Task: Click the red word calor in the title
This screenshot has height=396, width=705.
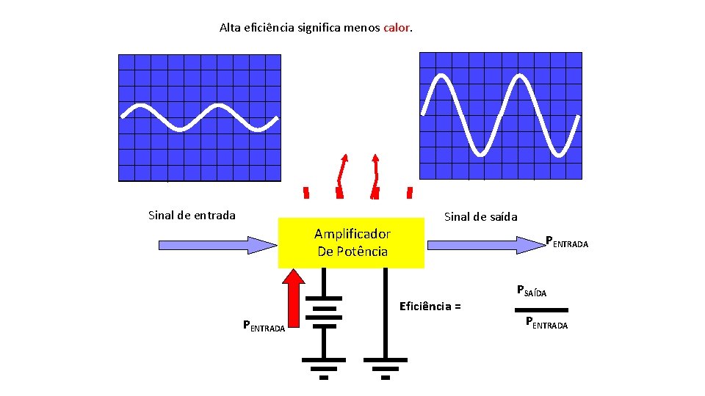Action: click(397, 28)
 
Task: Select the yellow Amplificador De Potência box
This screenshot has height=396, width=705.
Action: click(352, 243)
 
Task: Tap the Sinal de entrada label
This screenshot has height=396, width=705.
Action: click(192, 215)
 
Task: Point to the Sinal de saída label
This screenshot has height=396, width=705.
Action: click(480, 216)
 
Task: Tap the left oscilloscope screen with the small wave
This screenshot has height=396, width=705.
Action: click(200, 117)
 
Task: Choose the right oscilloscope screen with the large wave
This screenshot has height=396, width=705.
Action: click(500, 116)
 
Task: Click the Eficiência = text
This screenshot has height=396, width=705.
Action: click(430, 306)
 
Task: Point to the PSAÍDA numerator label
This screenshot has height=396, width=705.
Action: click(532, 290)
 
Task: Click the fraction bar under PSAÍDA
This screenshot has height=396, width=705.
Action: click(543, 310)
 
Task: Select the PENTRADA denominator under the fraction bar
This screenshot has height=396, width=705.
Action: click(546, 323)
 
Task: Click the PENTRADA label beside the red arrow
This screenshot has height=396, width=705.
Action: click(264, 327)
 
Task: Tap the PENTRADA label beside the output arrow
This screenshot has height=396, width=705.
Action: click(566, 243)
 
